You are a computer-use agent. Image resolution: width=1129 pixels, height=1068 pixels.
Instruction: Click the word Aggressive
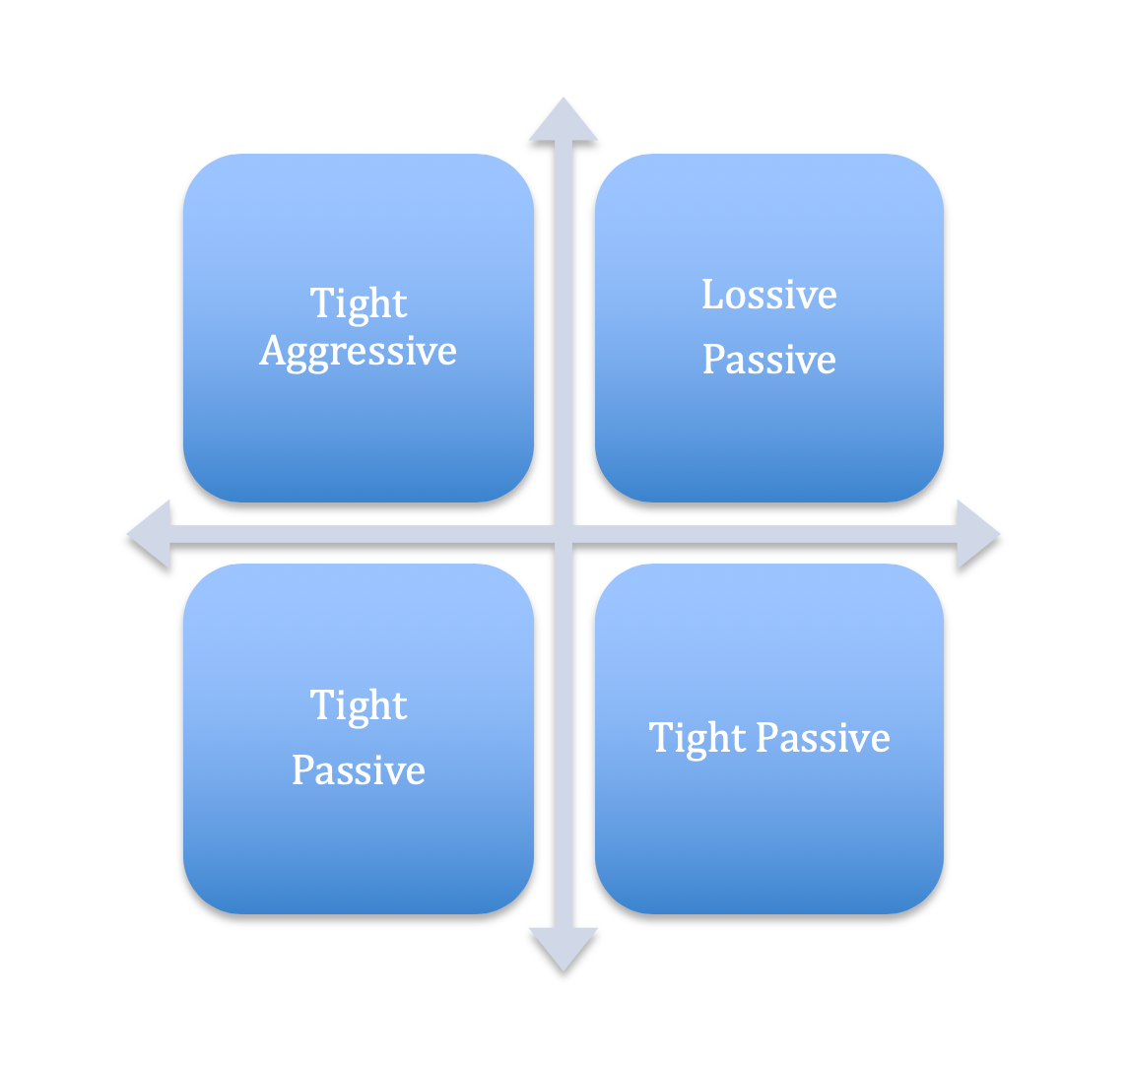[359, 353]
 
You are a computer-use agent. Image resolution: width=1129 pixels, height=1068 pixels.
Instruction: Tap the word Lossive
[769, 295]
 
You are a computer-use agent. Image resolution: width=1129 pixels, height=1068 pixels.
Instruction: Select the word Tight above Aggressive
[359, 303]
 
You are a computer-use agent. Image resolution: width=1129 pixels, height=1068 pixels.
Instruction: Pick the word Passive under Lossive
[769, 360]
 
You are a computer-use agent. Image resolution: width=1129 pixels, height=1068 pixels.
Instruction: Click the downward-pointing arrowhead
[564, 950]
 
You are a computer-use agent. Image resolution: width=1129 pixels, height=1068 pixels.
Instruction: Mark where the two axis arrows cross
[564, 535]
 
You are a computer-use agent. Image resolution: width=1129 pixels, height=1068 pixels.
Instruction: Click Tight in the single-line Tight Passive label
[697, 738]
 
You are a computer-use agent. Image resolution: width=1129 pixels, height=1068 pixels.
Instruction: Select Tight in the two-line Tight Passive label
[359, 705]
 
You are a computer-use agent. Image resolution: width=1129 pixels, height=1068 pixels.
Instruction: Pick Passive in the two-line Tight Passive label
[359, 770]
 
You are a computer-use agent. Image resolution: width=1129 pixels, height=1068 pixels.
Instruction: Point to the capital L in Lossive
[711, 295]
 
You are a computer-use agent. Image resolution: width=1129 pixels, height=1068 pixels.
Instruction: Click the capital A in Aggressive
[272, 351]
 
